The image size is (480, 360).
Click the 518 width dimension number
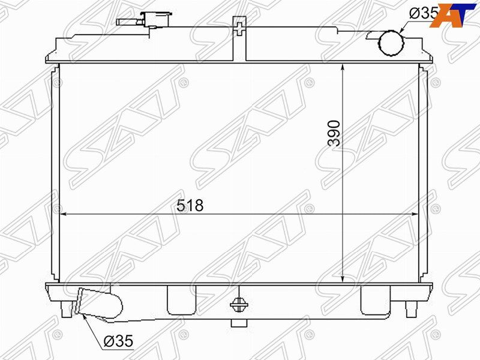(190, 205)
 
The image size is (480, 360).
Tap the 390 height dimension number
(334, 133)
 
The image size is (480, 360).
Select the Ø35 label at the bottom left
(118, 341)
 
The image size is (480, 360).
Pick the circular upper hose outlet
(391, 43)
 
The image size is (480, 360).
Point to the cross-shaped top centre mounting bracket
(239, 28)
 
